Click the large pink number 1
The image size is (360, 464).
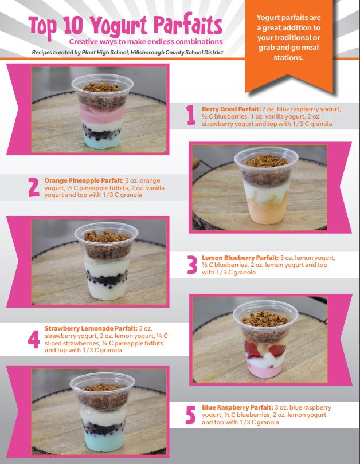coord(191,115)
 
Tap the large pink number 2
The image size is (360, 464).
coord(34,187)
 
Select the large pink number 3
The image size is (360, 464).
coord(192,265)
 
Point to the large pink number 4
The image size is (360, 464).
coord(34,339)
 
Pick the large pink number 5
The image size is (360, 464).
coord(190,415)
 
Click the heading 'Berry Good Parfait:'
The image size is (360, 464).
coord(231,109)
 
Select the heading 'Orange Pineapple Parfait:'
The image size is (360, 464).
coord(84,180)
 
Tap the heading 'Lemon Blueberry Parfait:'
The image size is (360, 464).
coord(240,258)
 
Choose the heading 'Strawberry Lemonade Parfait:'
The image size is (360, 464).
coord(91,328)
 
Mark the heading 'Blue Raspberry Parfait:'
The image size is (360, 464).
coord(237,407)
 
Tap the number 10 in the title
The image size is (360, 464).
coord(73,25)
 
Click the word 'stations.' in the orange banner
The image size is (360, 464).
coord(288,57)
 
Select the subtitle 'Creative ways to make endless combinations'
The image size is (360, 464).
coord(146,41)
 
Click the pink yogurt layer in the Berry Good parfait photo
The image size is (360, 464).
coord(102,113)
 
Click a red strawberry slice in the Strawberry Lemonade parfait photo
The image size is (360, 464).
coord(277,349)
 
